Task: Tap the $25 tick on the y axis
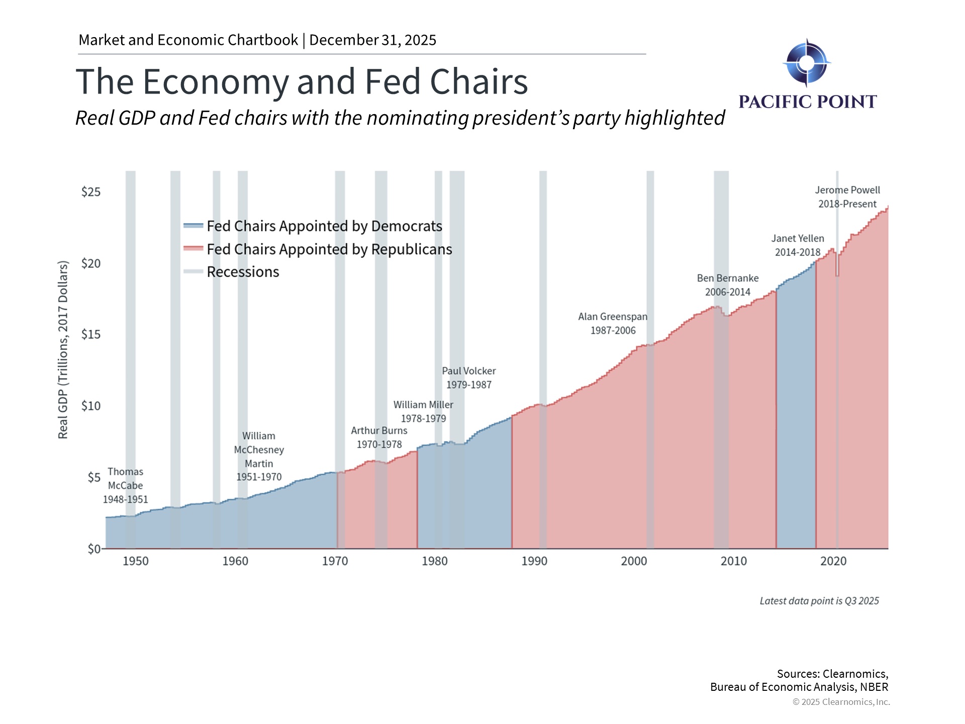point(91,192)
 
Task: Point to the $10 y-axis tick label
point(91,406)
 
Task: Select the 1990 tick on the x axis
point(534,561)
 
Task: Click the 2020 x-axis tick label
point(833,561)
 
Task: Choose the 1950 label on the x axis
point(136,561)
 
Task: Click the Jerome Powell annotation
point(847,197)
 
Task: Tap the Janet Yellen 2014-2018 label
point(798,245)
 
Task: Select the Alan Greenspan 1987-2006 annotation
point(613,323)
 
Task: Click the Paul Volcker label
point(469,378)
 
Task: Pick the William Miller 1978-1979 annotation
point(423,411)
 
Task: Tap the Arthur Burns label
point(379,437)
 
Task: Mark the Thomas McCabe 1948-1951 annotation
point(126,486)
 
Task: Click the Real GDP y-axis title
point(63,350)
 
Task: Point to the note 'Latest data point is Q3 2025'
point(819,601)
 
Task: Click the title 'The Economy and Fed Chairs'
point(302,81)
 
